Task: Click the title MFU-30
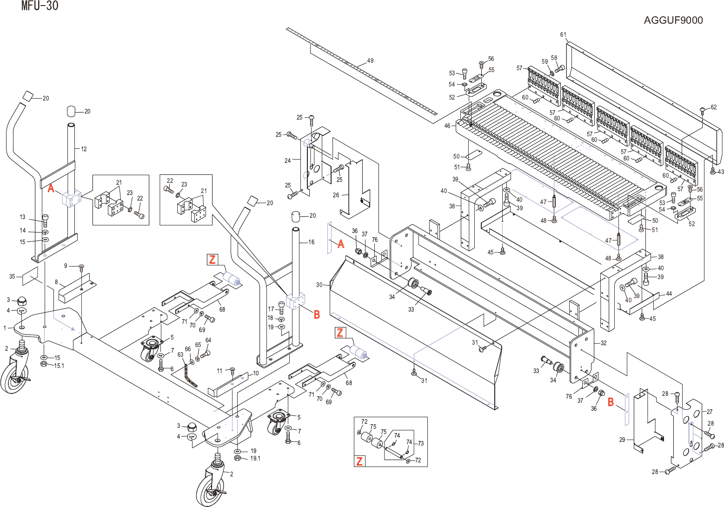pyautogui.click(x=40, y=6)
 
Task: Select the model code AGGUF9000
pyautogui.click(x=673, y=20)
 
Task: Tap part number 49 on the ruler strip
pyautogui.click(x=370, y=60)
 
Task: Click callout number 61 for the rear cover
pyautogui.click(x=563, y=35)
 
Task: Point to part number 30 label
pyautogui.click(x=319, y=285)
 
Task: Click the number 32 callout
pyautogui.click(x=603, y=343)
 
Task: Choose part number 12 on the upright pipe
pyautogui.click(x=84, y=149)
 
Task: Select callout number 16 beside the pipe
pyautogui.click(x=311, y=242)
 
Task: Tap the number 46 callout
pyautogui.click(x=447, y=126)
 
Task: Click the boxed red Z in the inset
pyautogui.click(x=359, y=461)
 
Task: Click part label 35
pyautogui.click(x=13, y=277)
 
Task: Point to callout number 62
pyautogui.click(x=713, y=107)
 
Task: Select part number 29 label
pyautogui.click(x=622, y=440)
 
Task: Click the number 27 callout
pyautogui.click(x=710, y=412)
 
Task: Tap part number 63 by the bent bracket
pyautogui.click(x=180, y=354)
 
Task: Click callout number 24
pyautogui.click(x=287, y=160)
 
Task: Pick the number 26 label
pyautogui.click(x=336, y=195)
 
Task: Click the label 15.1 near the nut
pyautogui.click(x=59, y=366)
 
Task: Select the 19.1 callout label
pyautogui.click(x=255, y=458)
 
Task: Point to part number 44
pyautogui.click(x=669, y=294)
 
